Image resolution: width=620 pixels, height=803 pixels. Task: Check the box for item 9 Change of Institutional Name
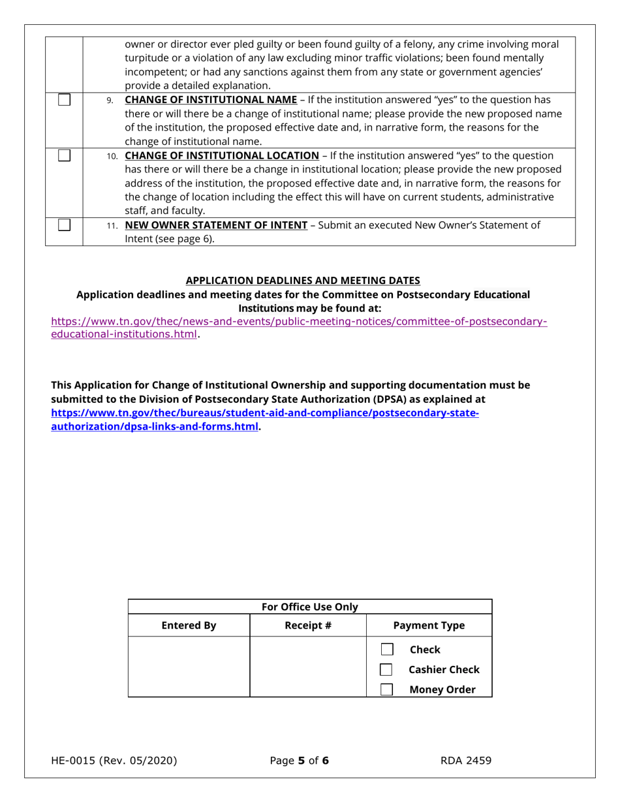click(x=64, y=100)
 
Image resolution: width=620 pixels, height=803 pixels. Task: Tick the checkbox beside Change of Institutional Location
click(x=64, y=155)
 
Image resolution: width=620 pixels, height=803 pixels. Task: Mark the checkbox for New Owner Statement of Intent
click(x=64, y=225)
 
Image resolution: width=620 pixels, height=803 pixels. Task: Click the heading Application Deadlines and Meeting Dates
click(x=303, y=280)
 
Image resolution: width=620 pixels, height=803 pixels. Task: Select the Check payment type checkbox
click(x=387, y=649)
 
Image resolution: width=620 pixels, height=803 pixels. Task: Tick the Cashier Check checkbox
click(x=387, y=669)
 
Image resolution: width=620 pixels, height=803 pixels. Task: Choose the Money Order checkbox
click(x=387, y=689)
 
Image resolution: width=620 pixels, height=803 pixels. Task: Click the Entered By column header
click(x=189, y=625)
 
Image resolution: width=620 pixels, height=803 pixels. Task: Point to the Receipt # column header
click(x=308, y=625)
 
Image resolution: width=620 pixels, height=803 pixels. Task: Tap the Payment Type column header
click(x=429, y=625)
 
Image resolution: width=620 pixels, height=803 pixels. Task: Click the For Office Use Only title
click(x=310, y=607)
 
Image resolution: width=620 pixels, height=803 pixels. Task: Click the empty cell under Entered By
click(x=189, y=667)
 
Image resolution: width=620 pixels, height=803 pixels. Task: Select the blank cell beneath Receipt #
click(x=308, y=667)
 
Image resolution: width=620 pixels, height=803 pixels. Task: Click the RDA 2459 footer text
click(x=465, y=761)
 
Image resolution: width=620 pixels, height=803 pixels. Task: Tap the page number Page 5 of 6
click(x=300, y=761)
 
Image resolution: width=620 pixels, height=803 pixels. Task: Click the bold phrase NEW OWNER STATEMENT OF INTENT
click(x=216, y=225)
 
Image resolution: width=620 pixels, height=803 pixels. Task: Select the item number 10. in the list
click(x=113, y=156)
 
